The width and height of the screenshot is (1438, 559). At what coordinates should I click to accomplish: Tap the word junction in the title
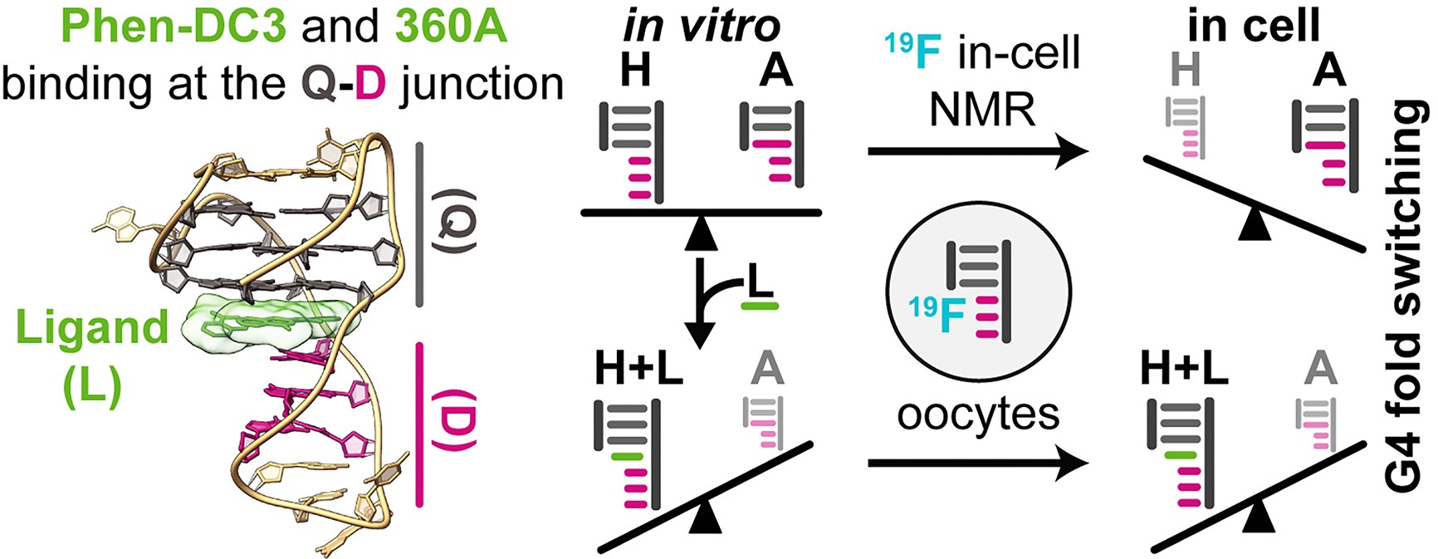[482, 84]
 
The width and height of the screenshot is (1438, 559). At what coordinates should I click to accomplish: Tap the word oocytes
[978, 413]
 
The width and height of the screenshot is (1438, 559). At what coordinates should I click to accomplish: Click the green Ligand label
[92, 328]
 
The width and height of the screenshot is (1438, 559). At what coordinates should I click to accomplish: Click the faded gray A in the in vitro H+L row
[766, 368]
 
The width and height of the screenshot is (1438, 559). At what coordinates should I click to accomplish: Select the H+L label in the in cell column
[1184, 368]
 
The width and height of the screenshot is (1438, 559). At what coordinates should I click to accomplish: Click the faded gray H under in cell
[1185, 70]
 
